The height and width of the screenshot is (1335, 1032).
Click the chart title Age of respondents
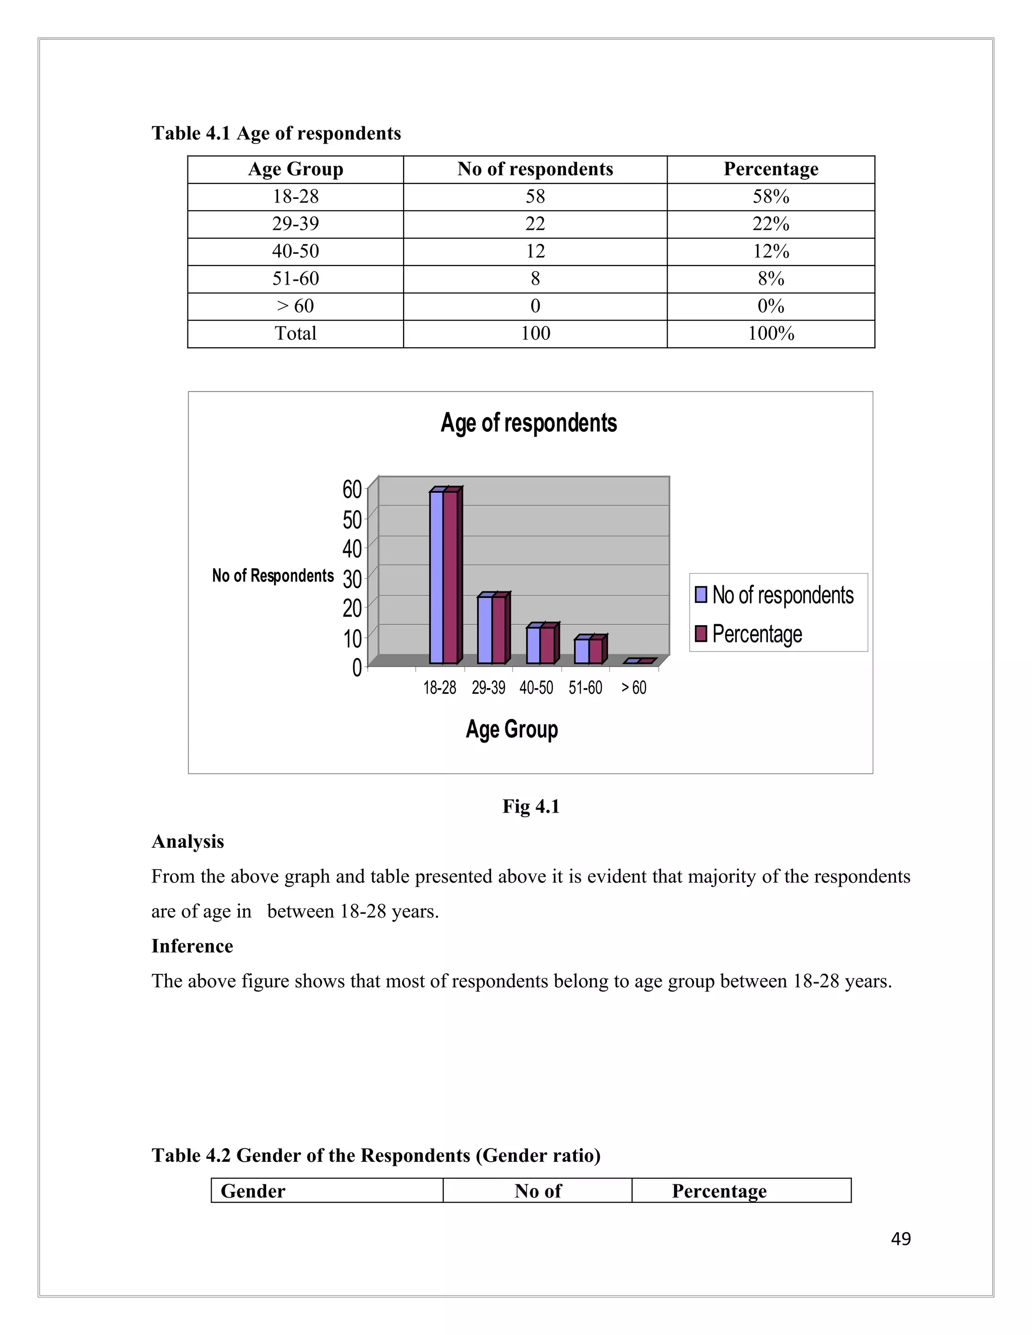tap(528, 423)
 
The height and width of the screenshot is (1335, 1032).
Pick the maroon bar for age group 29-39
tap(499, 630)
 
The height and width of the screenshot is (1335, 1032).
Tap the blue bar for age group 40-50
tap(533, 645)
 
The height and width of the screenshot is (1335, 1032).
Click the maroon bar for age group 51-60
tap(596, 651)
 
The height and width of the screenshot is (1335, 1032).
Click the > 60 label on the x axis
tap(634, 688)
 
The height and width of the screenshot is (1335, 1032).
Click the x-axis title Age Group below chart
tap(512, 729)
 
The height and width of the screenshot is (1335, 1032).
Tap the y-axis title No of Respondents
tap(273, 576)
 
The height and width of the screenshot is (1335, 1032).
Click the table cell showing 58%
tap(770, 197)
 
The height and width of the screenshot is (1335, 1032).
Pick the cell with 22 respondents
tap(535, 224)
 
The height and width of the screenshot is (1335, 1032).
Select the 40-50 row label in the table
tap(295, 251)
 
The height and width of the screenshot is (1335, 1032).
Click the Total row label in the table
tap(295, 333)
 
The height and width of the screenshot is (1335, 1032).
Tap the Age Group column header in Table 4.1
tap(295, 169)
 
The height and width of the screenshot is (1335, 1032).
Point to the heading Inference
tap(192, 946)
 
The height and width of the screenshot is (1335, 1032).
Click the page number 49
tap(900, 1239)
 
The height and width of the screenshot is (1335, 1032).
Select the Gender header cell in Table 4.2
tap(253, 1191)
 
